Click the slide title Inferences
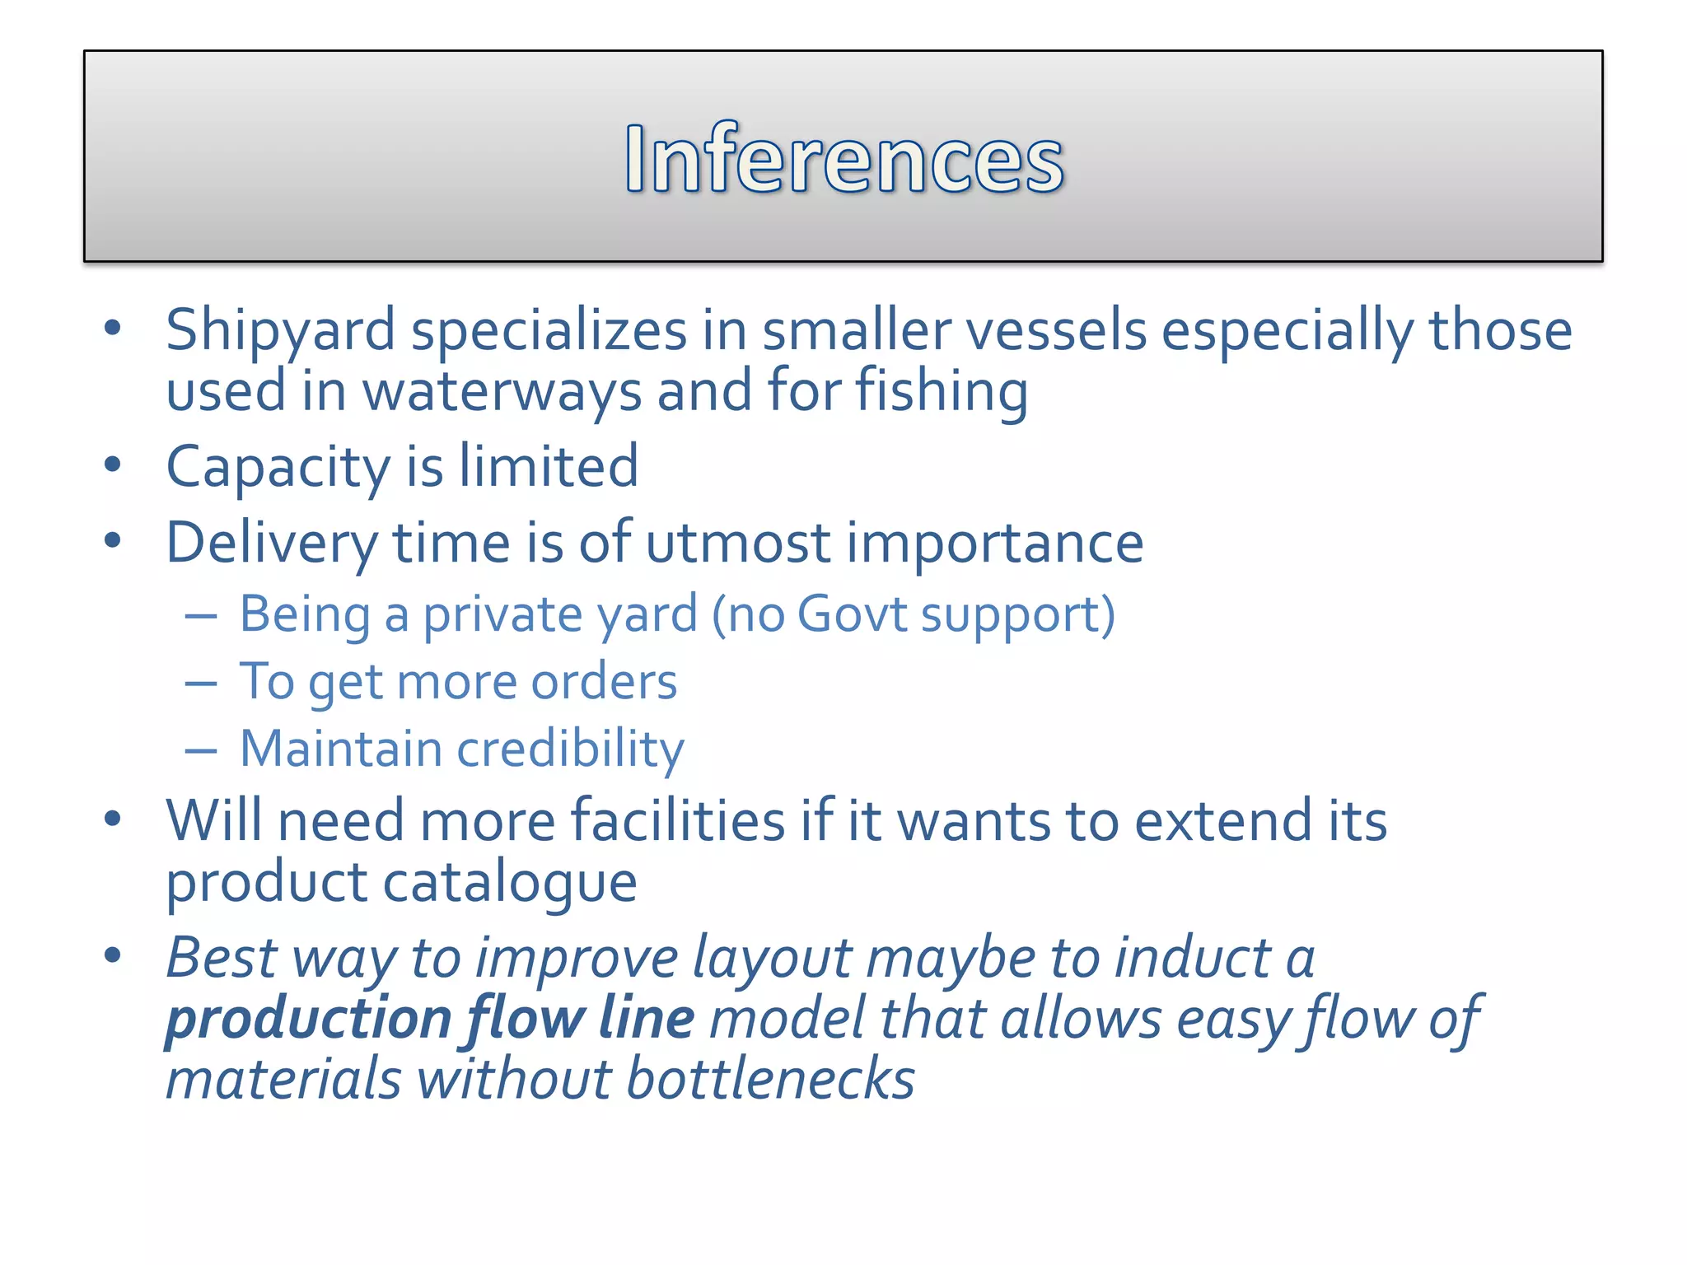click(843, 158)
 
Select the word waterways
click(502, 391)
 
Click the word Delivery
click(272, 544)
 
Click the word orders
click(604, 682)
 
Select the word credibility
click(570, 749)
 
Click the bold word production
click(308, 1020)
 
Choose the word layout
click(772, 959)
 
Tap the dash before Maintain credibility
click(201, 751)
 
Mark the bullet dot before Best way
click(113, 955)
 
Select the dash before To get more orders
click(201, 684)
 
